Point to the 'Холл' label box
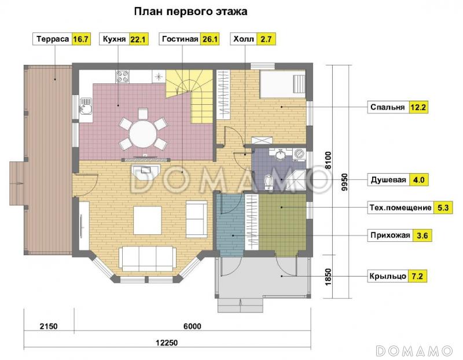[242, 39]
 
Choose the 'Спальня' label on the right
[388, 108]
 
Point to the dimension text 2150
[48, 326]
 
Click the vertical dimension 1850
[328, 276]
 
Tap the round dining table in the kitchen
[143, 134]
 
